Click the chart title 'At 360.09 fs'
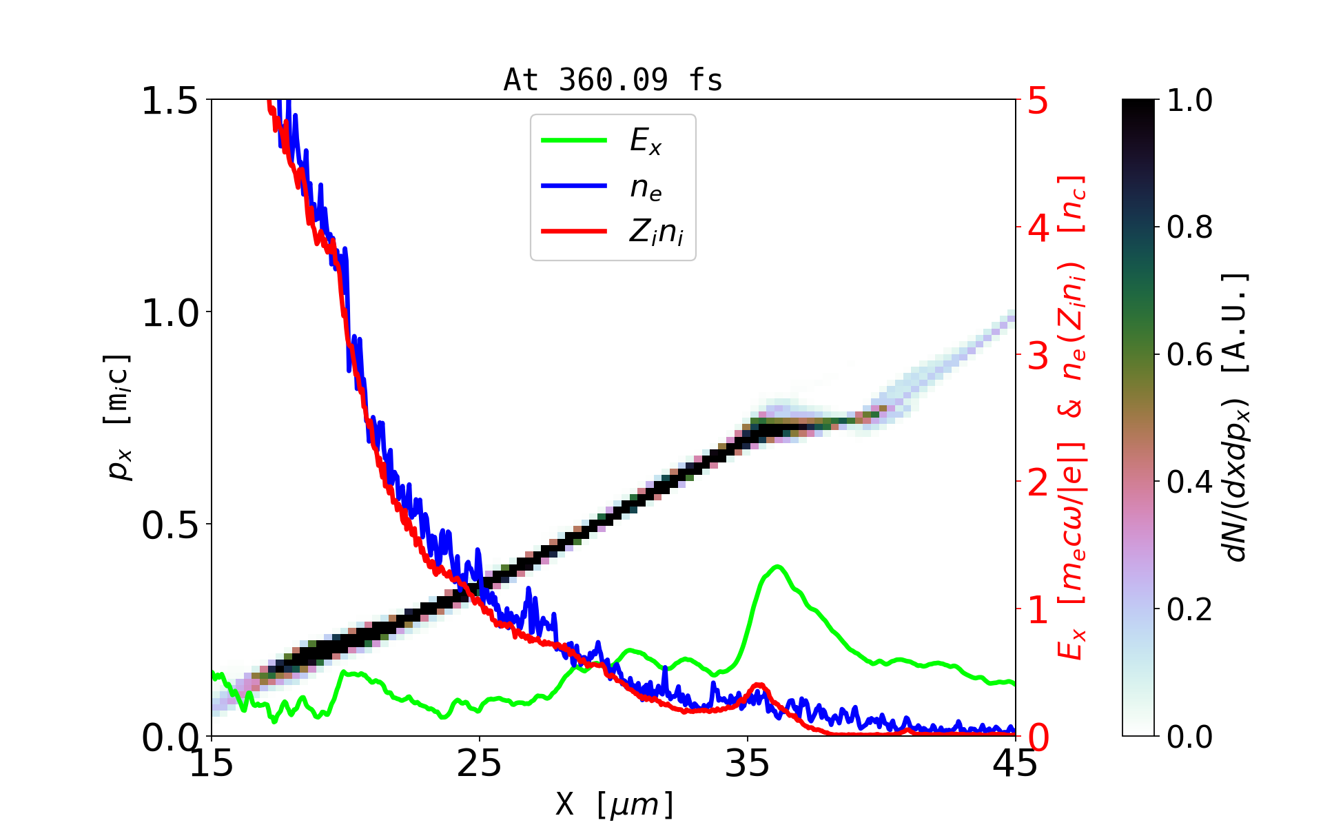613,80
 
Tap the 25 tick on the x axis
480,764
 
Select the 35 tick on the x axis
748,764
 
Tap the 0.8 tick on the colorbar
1189,227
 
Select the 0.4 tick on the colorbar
1189,482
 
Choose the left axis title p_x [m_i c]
117,418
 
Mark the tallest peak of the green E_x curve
778,566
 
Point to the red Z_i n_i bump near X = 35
759,685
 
